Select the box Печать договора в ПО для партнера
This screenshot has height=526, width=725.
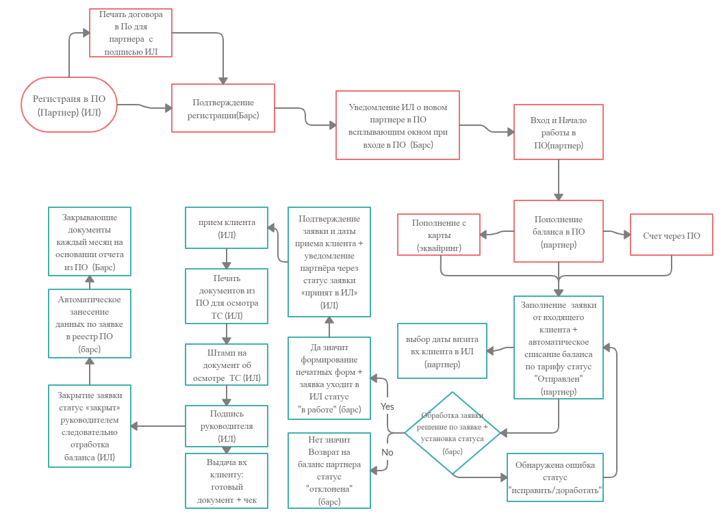[x=131, y=33]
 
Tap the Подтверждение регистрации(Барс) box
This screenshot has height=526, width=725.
[x=222, y=108]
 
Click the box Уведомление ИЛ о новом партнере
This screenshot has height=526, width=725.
[x=397, y=126]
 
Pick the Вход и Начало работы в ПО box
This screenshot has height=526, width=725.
[x=559, y=133]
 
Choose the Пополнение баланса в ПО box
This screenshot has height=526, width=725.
[x=559, y=231]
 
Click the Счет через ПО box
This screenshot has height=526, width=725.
[x=671, y=235]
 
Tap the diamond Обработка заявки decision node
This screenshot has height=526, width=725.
[x=453, y=433]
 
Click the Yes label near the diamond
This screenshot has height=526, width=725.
[x=387, y=406]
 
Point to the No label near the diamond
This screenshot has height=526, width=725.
[x=387, y=452]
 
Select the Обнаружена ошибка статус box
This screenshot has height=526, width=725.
[x=555, y=477]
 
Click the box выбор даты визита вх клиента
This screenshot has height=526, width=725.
[x=442, y=352]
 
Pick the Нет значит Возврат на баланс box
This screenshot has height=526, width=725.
[x=329, y=471]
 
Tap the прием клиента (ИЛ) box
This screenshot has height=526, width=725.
[x=227, y=228]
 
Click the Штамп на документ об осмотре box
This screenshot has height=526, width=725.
[x=227, y=364]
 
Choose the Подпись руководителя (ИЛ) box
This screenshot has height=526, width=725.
[x=227, y=425]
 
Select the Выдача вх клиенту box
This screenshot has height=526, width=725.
[x=227, y=481]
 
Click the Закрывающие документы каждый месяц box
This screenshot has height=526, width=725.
[x=89, y=241]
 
